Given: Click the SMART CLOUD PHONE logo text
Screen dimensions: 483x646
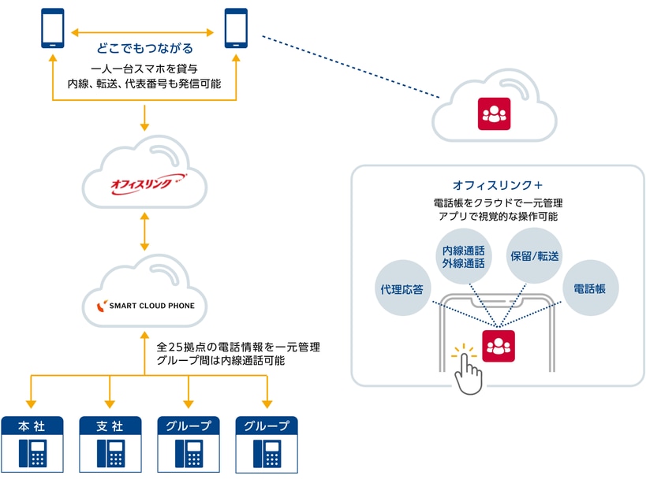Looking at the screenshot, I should point(150,305).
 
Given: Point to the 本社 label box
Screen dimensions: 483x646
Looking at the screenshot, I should point(32,425).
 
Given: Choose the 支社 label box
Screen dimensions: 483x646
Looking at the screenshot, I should point(110,425).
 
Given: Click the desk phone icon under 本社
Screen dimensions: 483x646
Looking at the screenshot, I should point(32,454).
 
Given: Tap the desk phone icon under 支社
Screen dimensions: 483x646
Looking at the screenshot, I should point(110,454).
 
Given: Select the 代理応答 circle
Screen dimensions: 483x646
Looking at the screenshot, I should point(401,289).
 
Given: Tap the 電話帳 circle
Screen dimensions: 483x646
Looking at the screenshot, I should point(590,289).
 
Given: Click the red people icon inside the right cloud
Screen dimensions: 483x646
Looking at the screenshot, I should point(495,115).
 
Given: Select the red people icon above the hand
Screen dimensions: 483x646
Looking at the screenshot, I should point(499,345).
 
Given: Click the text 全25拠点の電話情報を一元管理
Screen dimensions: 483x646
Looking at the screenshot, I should point(237,347).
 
